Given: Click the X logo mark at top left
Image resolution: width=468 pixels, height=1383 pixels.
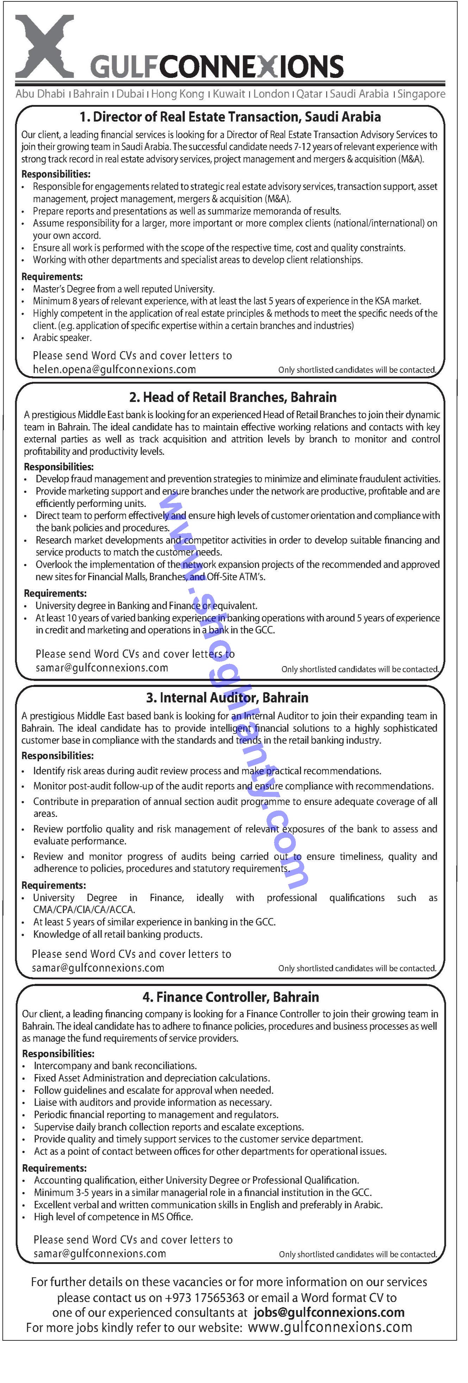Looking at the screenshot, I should point(44,46).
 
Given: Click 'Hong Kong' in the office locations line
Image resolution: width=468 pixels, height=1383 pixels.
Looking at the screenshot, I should point(177,94).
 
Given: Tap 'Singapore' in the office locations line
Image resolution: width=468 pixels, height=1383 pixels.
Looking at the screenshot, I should point(421,94).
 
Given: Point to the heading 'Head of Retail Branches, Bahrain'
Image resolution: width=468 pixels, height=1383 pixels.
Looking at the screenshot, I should point(233,397).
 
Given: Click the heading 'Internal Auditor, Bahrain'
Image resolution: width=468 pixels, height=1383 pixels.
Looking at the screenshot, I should point(227,697).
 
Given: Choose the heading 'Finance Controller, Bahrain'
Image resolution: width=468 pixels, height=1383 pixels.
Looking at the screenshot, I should point(231,997).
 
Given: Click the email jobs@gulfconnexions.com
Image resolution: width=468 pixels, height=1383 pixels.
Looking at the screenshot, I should point(329,1312).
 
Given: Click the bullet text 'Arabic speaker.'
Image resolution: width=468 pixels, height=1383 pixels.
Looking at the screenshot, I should point(62,338).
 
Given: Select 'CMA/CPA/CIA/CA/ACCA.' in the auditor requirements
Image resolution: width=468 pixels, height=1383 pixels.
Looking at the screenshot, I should point(84,910).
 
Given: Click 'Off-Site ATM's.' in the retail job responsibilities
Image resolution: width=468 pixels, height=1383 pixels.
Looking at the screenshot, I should point(236,577).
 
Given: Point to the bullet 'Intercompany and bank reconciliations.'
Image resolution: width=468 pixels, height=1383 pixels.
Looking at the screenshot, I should point(116,1065).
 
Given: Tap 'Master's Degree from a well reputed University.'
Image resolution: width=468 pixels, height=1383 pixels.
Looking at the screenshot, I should point(124,289).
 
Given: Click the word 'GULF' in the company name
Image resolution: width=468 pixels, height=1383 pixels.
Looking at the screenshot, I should point(124,68).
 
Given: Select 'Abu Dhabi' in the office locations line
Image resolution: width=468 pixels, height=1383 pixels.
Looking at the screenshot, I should point(40,94).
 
